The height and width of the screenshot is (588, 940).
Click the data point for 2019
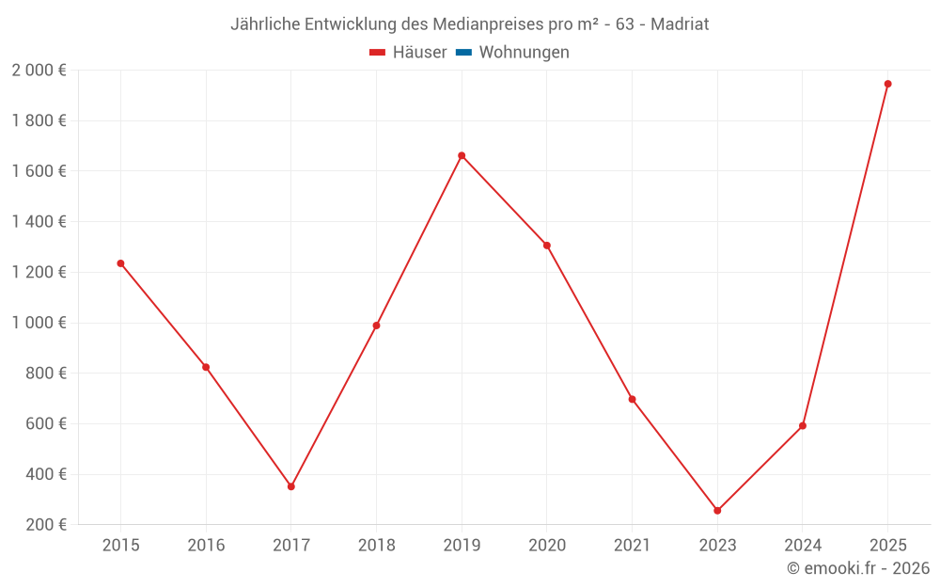[462, 155]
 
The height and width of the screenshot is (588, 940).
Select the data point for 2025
[887, 84]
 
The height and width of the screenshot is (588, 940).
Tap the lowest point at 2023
[717, 511]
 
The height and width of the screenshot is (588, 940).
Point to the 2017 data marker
[291, 486]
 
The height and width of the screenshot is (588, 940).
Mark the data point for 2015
[120, 263]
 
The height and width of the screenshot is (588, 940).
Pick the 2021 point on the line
[632, 399]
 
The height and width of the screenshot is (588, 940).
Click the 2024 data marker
[803, 425]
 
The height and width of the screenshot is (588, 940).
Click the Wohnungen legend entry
[524, 53]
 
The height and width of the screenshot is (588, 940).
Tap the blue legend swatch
[463, 53]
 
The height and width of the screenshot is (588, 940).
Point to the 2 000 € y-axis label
[39, 71]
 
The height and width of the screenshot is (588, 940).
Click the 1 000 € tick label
[39, 323]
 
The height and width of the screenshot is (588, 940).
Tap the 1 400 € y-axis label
[39, 222]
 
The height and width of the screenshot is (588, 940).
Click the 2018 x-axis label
[376, 546]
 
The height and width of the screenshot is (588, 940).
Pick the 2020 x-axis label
[547, 546]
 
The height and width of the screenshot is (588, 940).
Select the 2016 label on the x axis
[206, 546]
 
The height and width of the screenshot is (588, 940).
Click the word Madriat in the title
[679, 24]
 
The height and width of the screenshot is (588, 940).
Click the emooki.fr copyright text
[858, 568]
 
